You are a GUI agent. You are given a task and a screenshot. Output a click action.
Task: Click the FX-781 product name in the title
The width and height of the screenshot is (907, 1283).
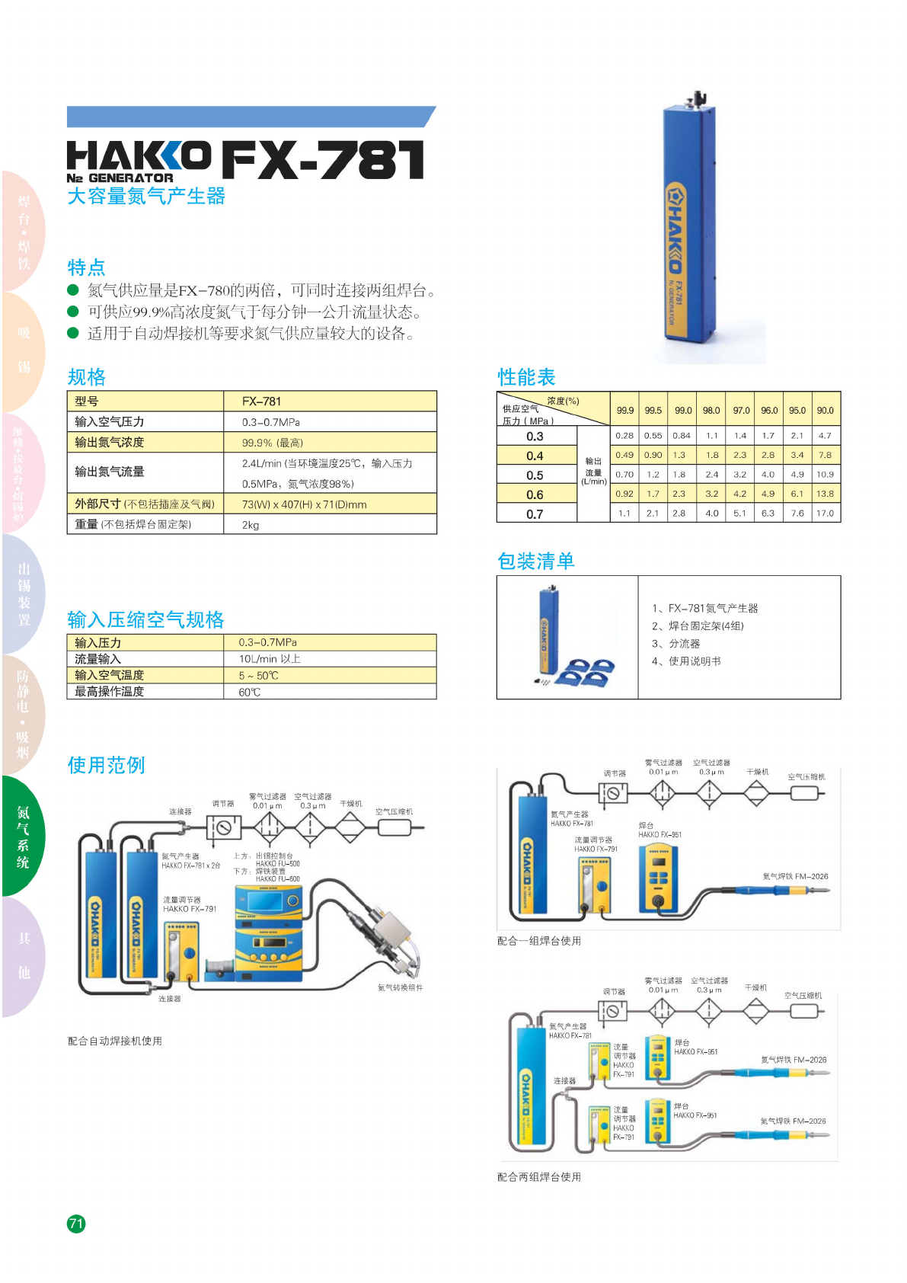[322, 160]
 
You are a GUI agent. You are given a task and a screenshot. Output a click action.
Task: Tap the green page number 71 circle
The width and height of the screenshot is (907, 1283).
[76, 1224]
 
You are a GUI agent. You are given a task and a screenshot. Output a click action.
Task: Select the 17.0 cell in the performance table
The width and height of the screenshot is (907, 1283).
[825, 514]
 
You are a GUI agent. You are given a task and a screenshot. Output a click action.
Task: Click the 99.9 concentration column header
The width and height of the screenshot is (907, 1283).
[625, 411]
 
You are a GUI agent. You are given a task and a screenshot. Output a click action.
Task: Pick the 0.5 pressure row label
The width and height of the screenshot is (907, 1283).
[535, 475]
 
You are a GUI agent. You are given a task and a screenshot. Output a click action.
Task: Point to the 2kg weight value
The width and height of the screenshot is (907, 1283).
[251, 525]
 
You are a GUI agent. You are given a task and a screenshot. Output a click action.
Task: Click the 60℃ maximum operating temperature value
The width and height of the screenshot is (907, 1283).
[250, 693]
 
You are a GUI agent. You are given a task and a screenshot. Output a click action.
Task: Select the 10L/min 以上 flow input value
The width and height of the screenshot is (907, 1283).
[270, 659]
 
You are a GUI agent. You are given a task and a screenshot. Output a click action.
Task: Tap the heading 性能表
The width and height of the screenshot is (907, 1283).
[526, 377]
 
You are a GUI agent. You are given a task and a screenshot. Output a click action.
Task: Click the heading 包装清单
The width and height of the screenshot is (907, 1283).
[535, 562]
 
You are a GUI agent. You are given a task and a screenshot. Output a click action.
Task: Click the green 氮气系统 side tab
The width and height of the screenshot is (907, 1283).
[24, 837]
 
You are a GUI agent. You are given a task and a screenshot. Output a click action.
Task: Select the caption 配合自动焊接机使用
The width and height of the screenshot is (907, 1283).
[115, 1041]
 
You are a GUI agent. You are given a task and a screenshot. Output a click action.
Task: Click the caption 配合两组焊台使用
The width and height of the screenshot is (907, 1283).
[538, 1177]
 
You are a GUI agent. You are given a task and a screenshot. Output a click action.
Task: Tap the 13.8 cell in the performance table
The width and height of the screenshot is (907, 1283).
[825, 494]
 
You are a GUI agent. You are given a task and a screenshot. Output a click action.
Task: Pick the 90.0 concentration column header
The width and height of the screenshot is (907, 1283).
[825, 411]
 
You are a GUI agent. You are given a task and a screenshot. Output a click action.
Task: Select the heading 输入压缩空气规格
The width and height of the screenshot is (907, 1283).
[145, 619]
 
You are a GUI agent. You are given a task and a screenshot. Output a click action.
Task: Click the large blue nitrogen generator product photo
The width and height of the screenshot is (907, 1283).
[689, 229]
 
